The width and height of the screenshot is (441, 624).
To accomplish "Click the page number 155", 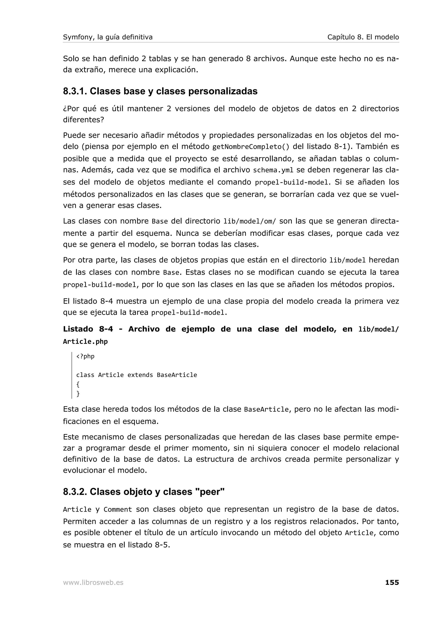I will click(x=392, y=582).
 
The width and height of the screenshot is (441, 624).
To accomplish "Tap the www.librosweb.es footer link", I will click(x=93, y=583).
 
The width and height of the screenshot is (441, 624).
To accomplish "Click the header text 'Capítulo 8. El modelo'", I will click(x=363, y=37).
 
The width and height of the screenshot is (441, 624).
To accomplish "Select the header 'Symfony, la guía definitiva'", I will click(x=108, y=37).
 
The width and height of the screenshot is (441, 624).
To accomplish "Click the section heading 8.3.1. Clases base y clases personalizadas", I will click(x=160, y=91).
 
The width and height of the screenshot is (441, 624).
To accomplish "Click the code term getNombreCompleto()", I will click(x=250, y=147).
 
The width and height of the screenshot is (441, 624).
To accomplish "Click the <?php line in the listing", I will click(x=85, y=356).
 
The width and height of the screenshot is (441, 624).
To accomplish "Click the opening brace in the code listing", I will click(x=78, y=384).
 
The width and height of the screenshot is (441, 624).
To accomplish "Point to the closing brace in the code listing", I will click(x=78, y=394).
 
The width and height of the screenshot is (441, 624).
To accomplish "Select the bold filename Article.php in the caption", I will click(x=85, y=342).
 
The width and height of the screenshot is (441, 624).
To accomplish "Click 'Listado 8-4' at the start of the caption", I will click(x=88, y=329).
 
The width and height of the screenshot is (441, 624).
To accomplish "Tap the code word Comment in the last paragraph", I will click(x=118, y=510).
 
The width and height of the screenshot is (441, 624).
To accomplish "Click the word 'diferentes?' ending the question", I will click(x=83, y=120).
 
